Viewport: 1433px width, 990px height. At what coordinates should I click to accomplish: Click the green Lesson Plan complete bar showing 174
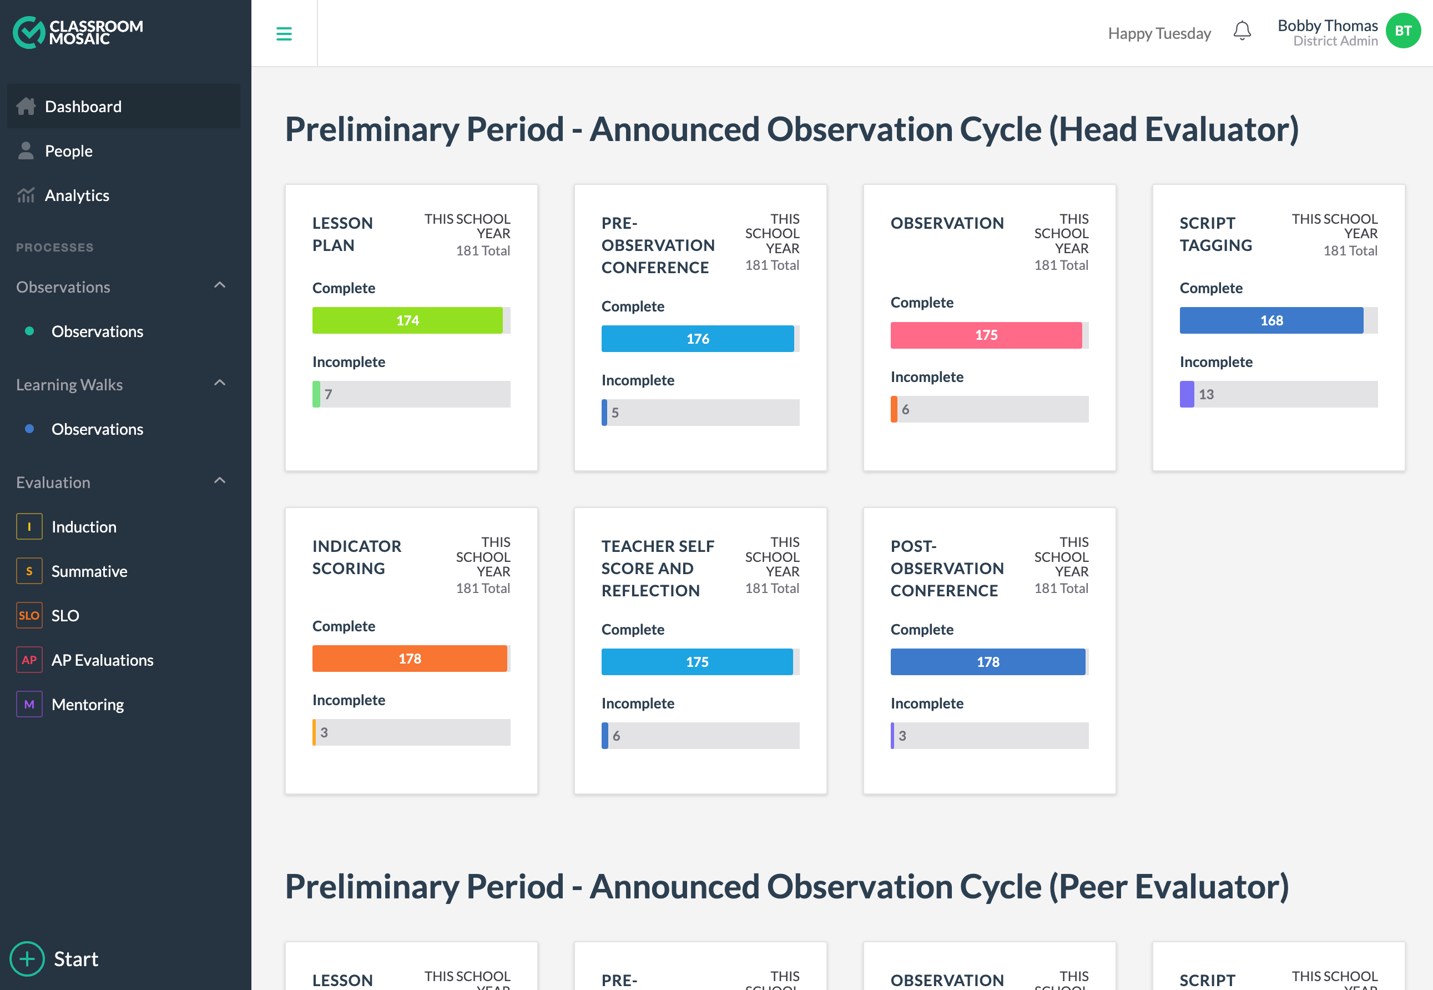tap(407, 320)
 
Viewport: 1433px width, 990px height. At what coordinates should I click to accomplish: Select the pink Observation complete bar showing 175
tap(986, 335)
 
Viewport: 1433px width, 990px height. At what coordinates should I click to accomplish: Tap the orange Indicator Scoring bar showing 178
tap(409, 658)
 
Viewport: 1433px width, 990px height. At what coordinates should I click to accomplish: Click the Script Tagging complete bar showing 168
tap(1270, 320)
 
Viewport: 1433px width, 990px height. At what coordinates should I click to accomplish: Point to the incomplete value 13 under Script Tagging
tap(1205, 394)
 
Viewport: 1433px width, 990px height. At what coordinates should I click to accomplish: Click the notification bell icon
tap(1242, 31)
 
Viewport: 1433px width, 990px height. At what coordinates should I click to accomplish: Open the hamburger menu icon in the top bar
tap(284, 33)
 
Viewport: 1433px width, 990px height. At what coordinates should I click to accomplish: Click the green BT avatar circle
tap(1402, 31)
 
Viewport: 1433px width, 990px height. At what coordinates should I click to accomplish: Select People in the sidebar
tap(68, 150)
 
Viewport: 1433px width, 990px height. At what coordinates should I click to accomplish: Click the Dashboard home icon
tap(26, 106)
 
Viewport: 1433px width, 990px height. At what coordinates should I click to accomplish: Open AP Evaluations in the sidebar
tap(102, 660)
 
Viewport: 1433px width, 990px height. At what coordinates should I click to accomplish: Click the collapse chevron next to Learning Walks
tap(220, 383)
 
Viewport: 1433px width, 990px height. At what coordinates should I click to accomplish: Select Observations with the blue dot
tap(97, 429)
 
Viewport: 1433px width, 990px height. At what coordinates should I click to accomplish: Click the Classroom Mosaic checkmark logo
tap(28, 32)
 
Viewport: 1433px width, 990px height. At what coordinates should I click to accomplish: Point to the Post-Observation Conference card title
tap(946, 568)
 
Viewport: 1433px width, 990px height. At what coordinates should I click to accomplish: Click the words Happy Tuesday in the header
tap(1159, 33)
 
